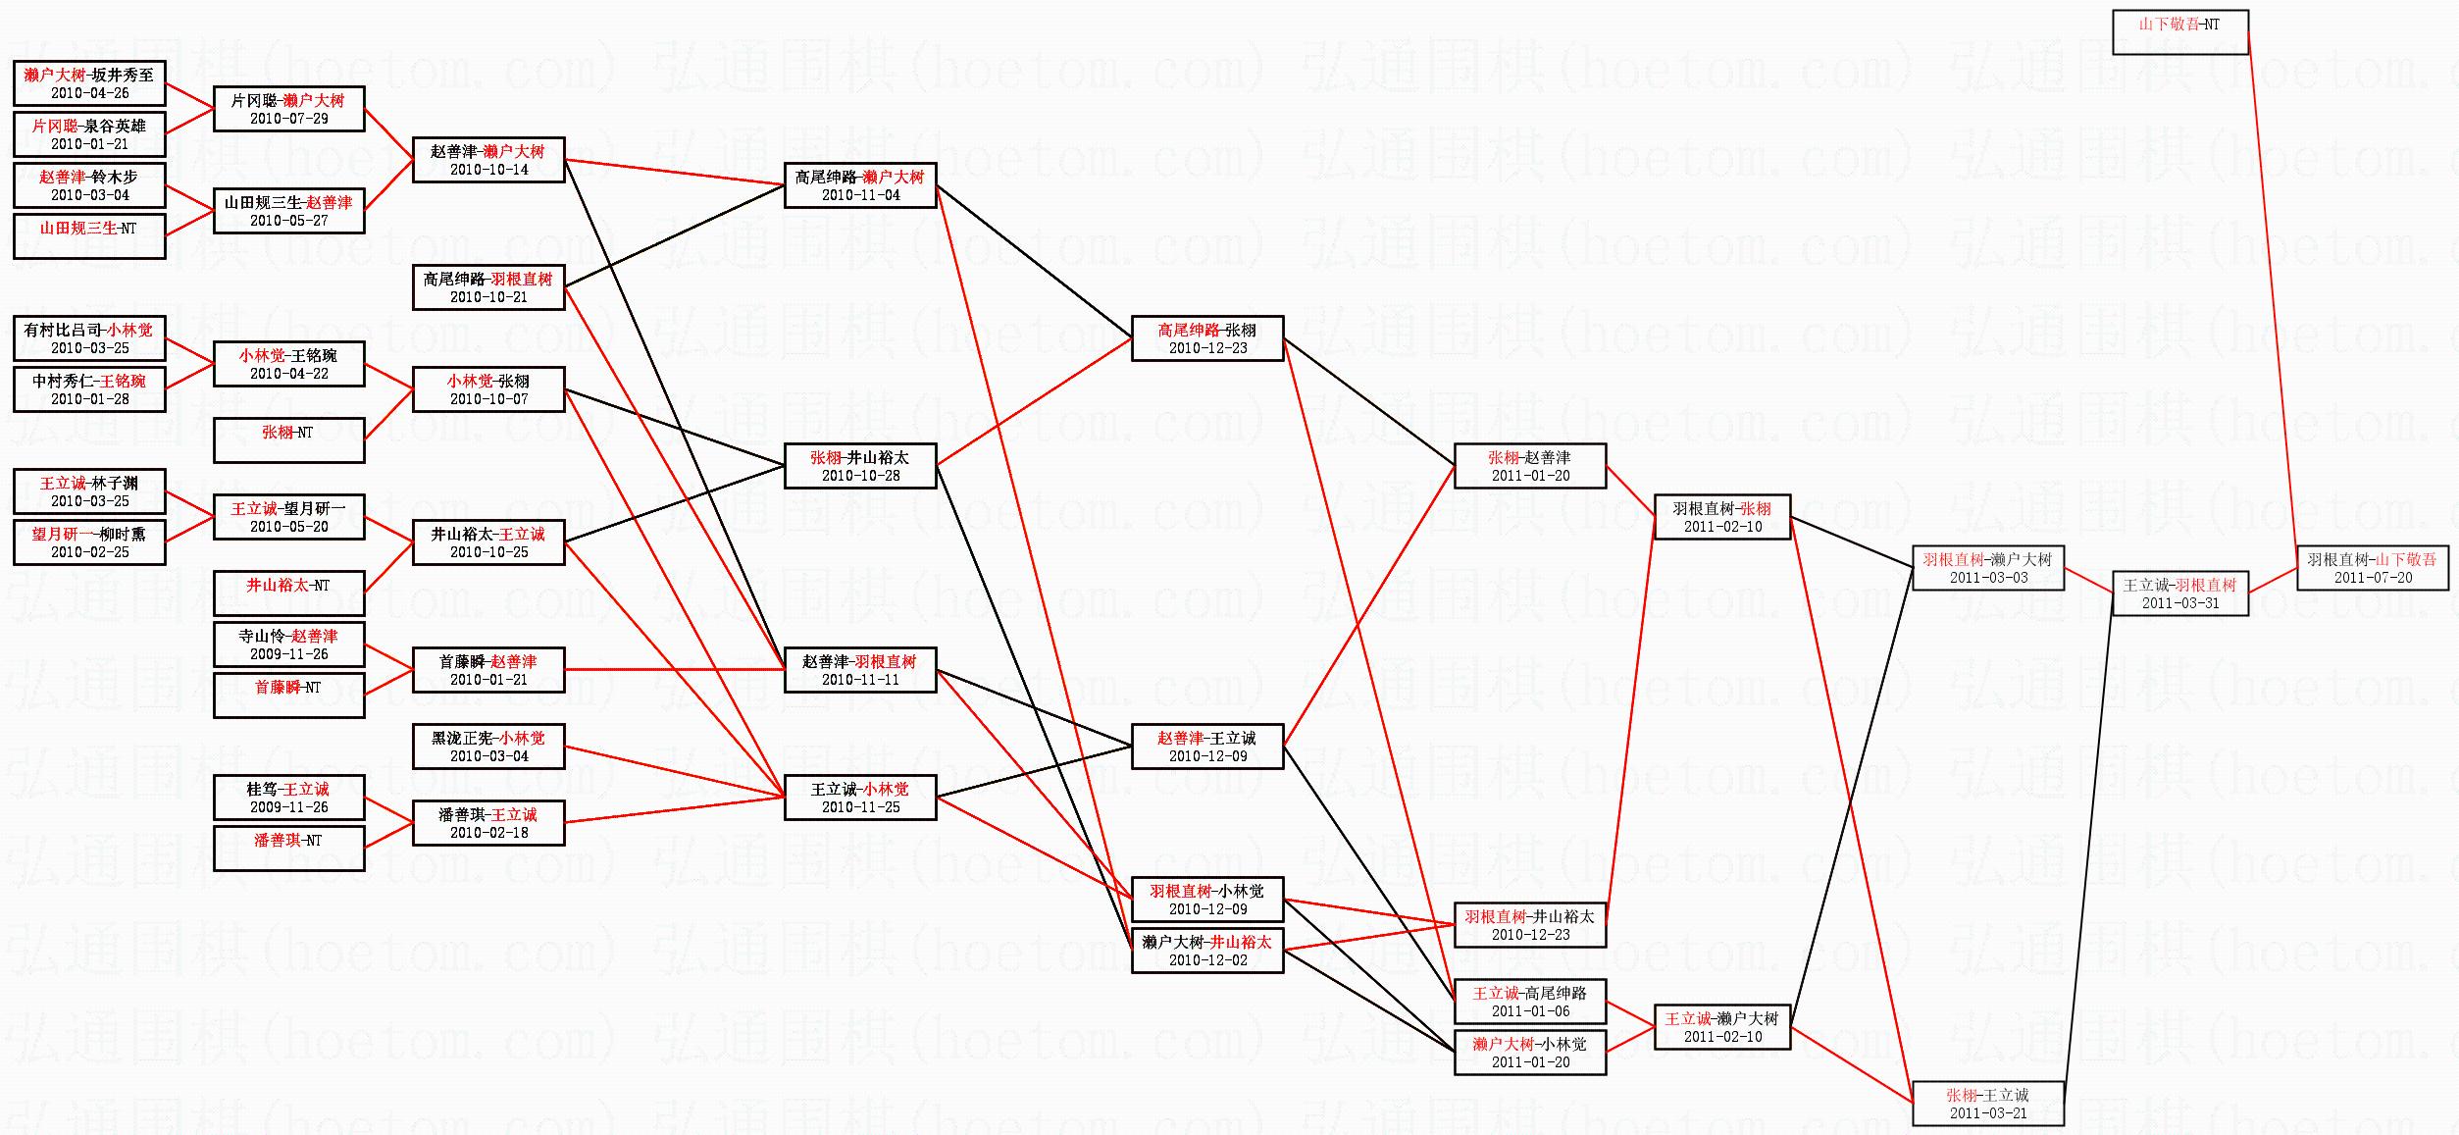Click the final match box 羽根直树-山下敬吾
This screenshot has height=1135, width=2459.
point(2372,568)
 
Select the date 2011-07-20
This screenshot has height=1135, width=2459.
point(2372,578)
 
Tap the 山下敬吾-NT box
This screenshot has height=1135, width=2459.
point(2179,32)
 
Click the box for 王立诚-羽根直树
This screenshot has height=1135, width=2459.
point(2179,593)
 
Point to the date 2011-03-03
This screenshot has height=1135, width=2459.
point(1988,578)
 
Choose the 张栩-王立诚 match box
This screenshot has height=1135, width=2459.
point(1988,1104)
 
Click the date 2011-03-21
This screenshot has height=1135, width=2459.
point(1988,1113)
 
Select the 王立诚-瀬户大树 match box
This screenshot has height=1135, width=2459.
point(1721,1027)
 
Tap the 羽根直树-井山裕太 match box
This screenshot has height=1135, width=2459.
point(1529,925)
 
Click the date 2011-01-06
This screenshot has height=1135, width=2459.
point(1530,1011)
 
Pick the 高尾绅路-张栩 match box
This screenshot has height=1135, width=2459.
point(1207,338)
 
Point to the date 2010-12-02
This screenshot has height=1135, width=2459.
point(1207,960)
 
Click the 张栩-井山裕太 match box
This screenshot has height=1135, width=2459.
point(860,466)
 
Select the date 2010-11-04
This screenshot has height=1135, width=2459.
point(860,195)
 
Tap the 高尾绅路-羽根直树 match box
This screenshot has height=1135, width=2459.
point(488,287)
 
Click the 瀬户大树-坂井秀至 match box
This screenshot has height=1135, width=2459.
point(89,83)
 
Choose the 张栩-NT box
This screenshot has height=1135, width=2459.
point(288,440)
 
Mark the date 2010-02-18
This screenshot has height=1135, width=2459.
point(488,833)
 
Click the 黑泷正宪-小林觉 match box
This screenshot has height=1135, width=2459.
point(488,747)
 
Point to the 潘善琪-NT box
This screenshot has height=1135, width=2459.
point(288,849)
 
